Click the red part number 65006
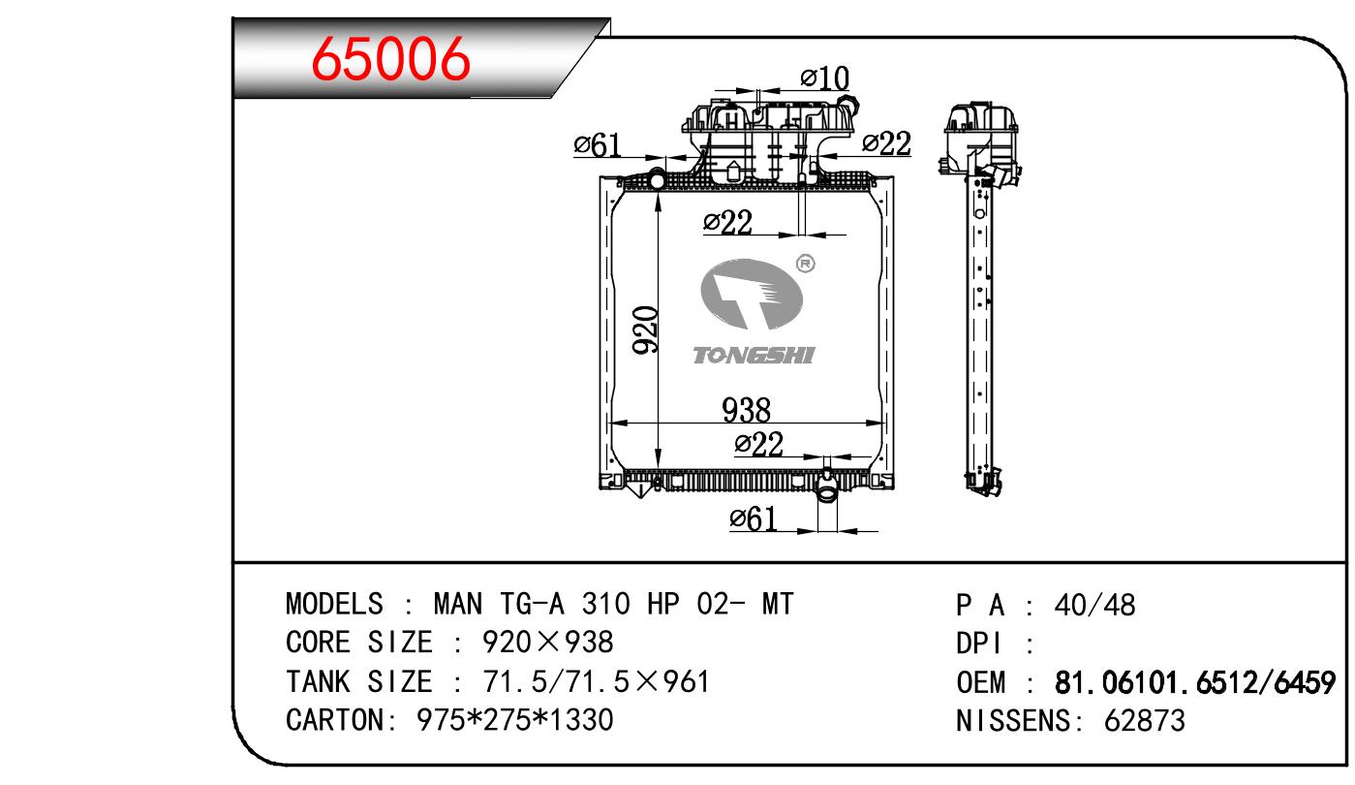point(390,59)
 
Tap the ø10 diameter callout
point(824,78)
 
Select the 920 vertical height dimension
point(645,330)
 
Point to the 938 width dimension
point(746,410)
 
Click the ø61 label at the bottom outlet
point(754,518)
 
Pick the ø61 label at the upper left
point(597,145)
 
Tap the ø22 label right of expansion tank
point(886,144)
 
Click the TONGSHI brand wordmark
point(754,356)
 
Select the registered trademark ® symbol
point(805,264)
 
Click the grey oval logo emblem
point(752,295)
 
